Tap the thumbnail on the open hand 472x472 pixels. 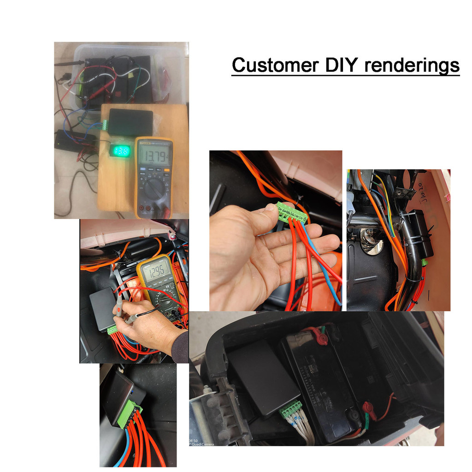[x=269, y=209]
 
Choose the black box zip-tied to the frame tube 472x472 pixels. [x=420, y=234]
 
